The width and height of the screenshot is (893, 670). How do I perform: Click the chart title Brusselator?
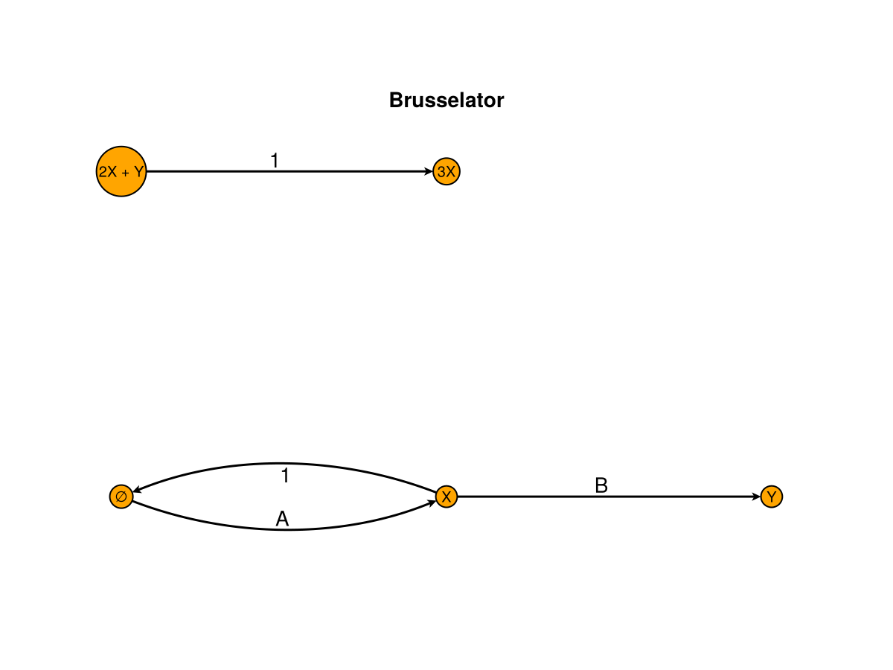pyautogui.click(x=446, y=100)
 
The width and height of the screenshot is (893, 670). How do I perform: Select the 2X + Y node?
pyautogui.click(x=121, y=171)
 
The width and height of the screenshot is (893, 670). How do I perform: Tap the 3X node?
pyautogui.click(x=446, y=172)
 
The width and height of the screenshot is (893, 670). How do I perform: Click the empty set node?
pyautogui.click(x=121, y=497)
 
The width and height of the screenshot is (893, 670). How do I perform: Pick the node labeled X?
pyautogui.click(x=446, y=497)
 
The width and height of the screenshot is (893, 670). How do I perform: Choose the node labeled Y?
pyautogui.click(x=772, y=497)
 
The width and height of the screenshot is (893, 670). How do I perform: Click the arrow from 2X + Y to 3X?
pyautogui.click(x=290, y=171)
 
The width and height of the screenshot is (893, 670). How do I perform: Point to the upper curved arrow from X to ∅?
pyautogui.click(x=284, y=464)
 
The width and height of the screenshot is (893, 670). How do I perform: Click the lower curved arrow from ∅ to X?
pyautogui.click(x=284, y=529)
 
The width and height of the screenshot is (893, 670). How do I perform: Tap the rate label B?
pyautogui.click(x=601, y=485)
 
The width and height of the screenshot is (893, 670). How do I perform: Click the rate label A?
pyautogui.click(x=282, y=519)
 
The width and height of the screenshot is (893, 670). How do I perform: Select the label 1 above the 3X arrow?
pyautogui.click(x=275, y=160)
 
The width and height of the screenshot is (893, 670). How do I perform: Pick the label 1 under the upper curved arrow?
pyautogui.click(x=284, y=476)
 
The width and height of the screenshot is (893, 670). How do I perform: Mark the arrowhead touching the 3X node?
pyautogui.click(x=429, y=172)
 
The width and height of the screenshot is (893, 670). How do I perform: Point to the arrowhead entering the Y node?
pyautogui.click(x=756, y=497)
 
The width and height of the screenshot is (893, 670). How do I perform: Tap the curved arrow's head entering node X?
pyautogui.click(x=431, y=503)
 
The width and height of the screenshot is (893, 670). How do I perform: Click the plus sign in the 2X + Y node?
pyautogui.click(x=125, y=173)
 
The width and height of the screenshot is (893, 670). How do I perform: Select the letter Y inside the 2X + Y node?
pyautogui.click(x=138, y=172)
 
